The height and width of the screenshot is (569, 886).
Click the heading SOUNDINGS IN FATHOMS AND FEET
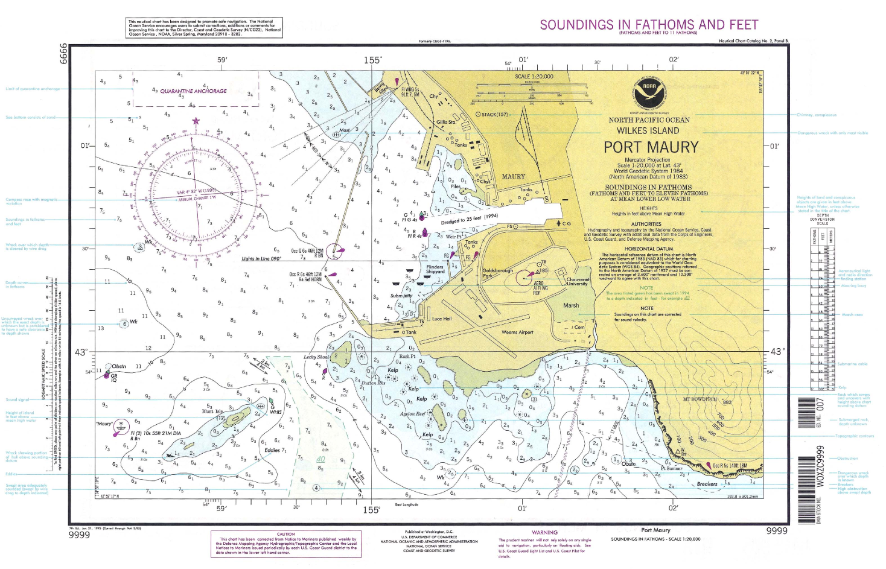[x=649, y=25]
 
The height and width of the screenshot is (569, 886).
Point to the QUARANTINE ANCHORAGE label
[x=193, y=91]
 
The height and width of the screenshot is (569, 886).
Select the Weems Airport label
[x=517, y=332]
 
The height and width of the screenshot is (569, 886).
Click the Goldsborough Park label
[x=497, y=273]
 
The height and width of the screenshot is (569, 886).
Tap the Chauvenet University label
[x=578, y=282]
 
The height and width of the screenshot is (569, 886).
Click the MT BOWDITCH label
[x=700, y=399]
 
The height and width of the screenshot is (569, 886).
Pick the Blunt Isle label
[x=212, y=412]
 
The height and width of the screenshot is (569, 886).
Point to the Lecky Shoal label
[x=316, y=357]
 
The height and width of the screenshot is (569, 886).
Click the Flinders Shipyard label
[x=435, y=269]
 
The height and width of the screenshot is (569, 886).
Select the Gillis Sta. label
[x=446, y=122]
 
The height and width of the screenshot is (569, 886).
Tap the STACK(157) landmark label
[x=492, y=115]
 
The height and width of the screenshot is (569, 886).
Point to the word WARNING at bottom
[x=544, y=532]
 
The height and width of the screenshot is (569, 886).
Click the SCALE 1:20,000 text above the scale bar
[x=534, y=77]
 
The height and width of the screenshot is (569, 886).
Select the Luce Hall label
[x=442, y=319]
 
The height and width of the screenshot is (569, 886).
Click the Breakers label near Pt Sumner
[x=707, y=484]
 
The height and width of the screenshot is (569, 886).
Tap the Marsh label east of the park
[x=570, y=305]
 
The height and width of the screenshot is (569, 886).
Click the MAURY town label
[x=513, y=177]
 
